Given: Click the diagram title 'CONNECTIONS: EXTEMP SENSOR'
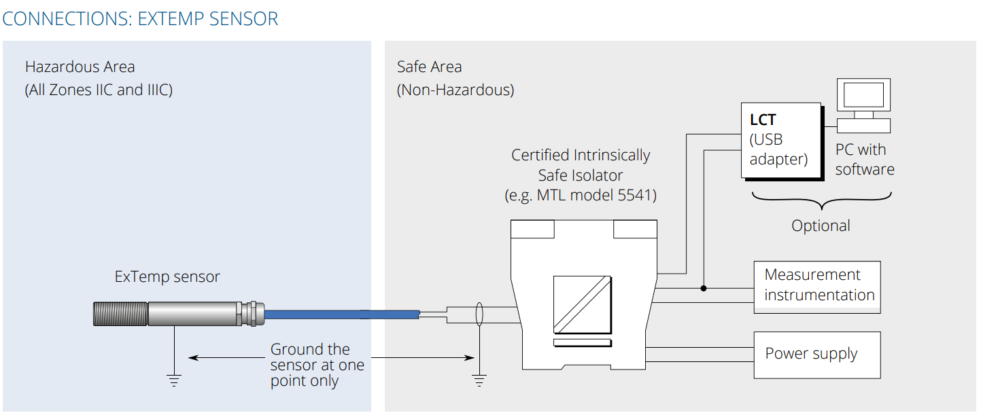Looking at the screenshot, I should tap(140, 18).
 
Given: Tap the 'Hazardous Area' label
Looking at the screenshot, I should tap(80, 67).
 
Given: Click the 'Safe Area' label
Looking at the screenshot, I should tap(429, 67).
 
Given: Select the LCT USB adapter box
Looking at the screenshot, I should tap(781, 140).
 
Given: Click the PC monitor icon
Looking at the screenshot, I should tap(863, 96).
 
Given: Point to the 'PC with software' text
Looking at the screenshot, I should tap(864, 160).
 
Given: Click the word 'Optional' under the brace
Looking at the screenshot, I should tap(821, 225).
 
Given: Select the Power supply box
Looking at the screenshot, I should tap(816, 355).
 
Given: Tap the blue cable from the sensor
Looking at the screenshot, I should tap(340, 314).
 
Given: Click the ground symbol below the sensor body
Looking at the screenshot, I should tap(175, 380).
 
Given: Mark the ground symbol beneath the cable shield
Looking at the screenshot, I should tap(479, 380).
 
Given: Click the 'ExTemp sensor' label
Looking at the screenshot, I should tap(167, 276).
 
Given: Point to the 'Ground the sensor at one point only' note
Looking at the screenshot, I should tap(317, 365).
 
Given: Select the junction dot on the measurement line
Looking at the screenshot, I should tap(704, 288).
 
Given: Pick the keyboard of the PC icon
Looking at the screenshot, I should tap(863, 126).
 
